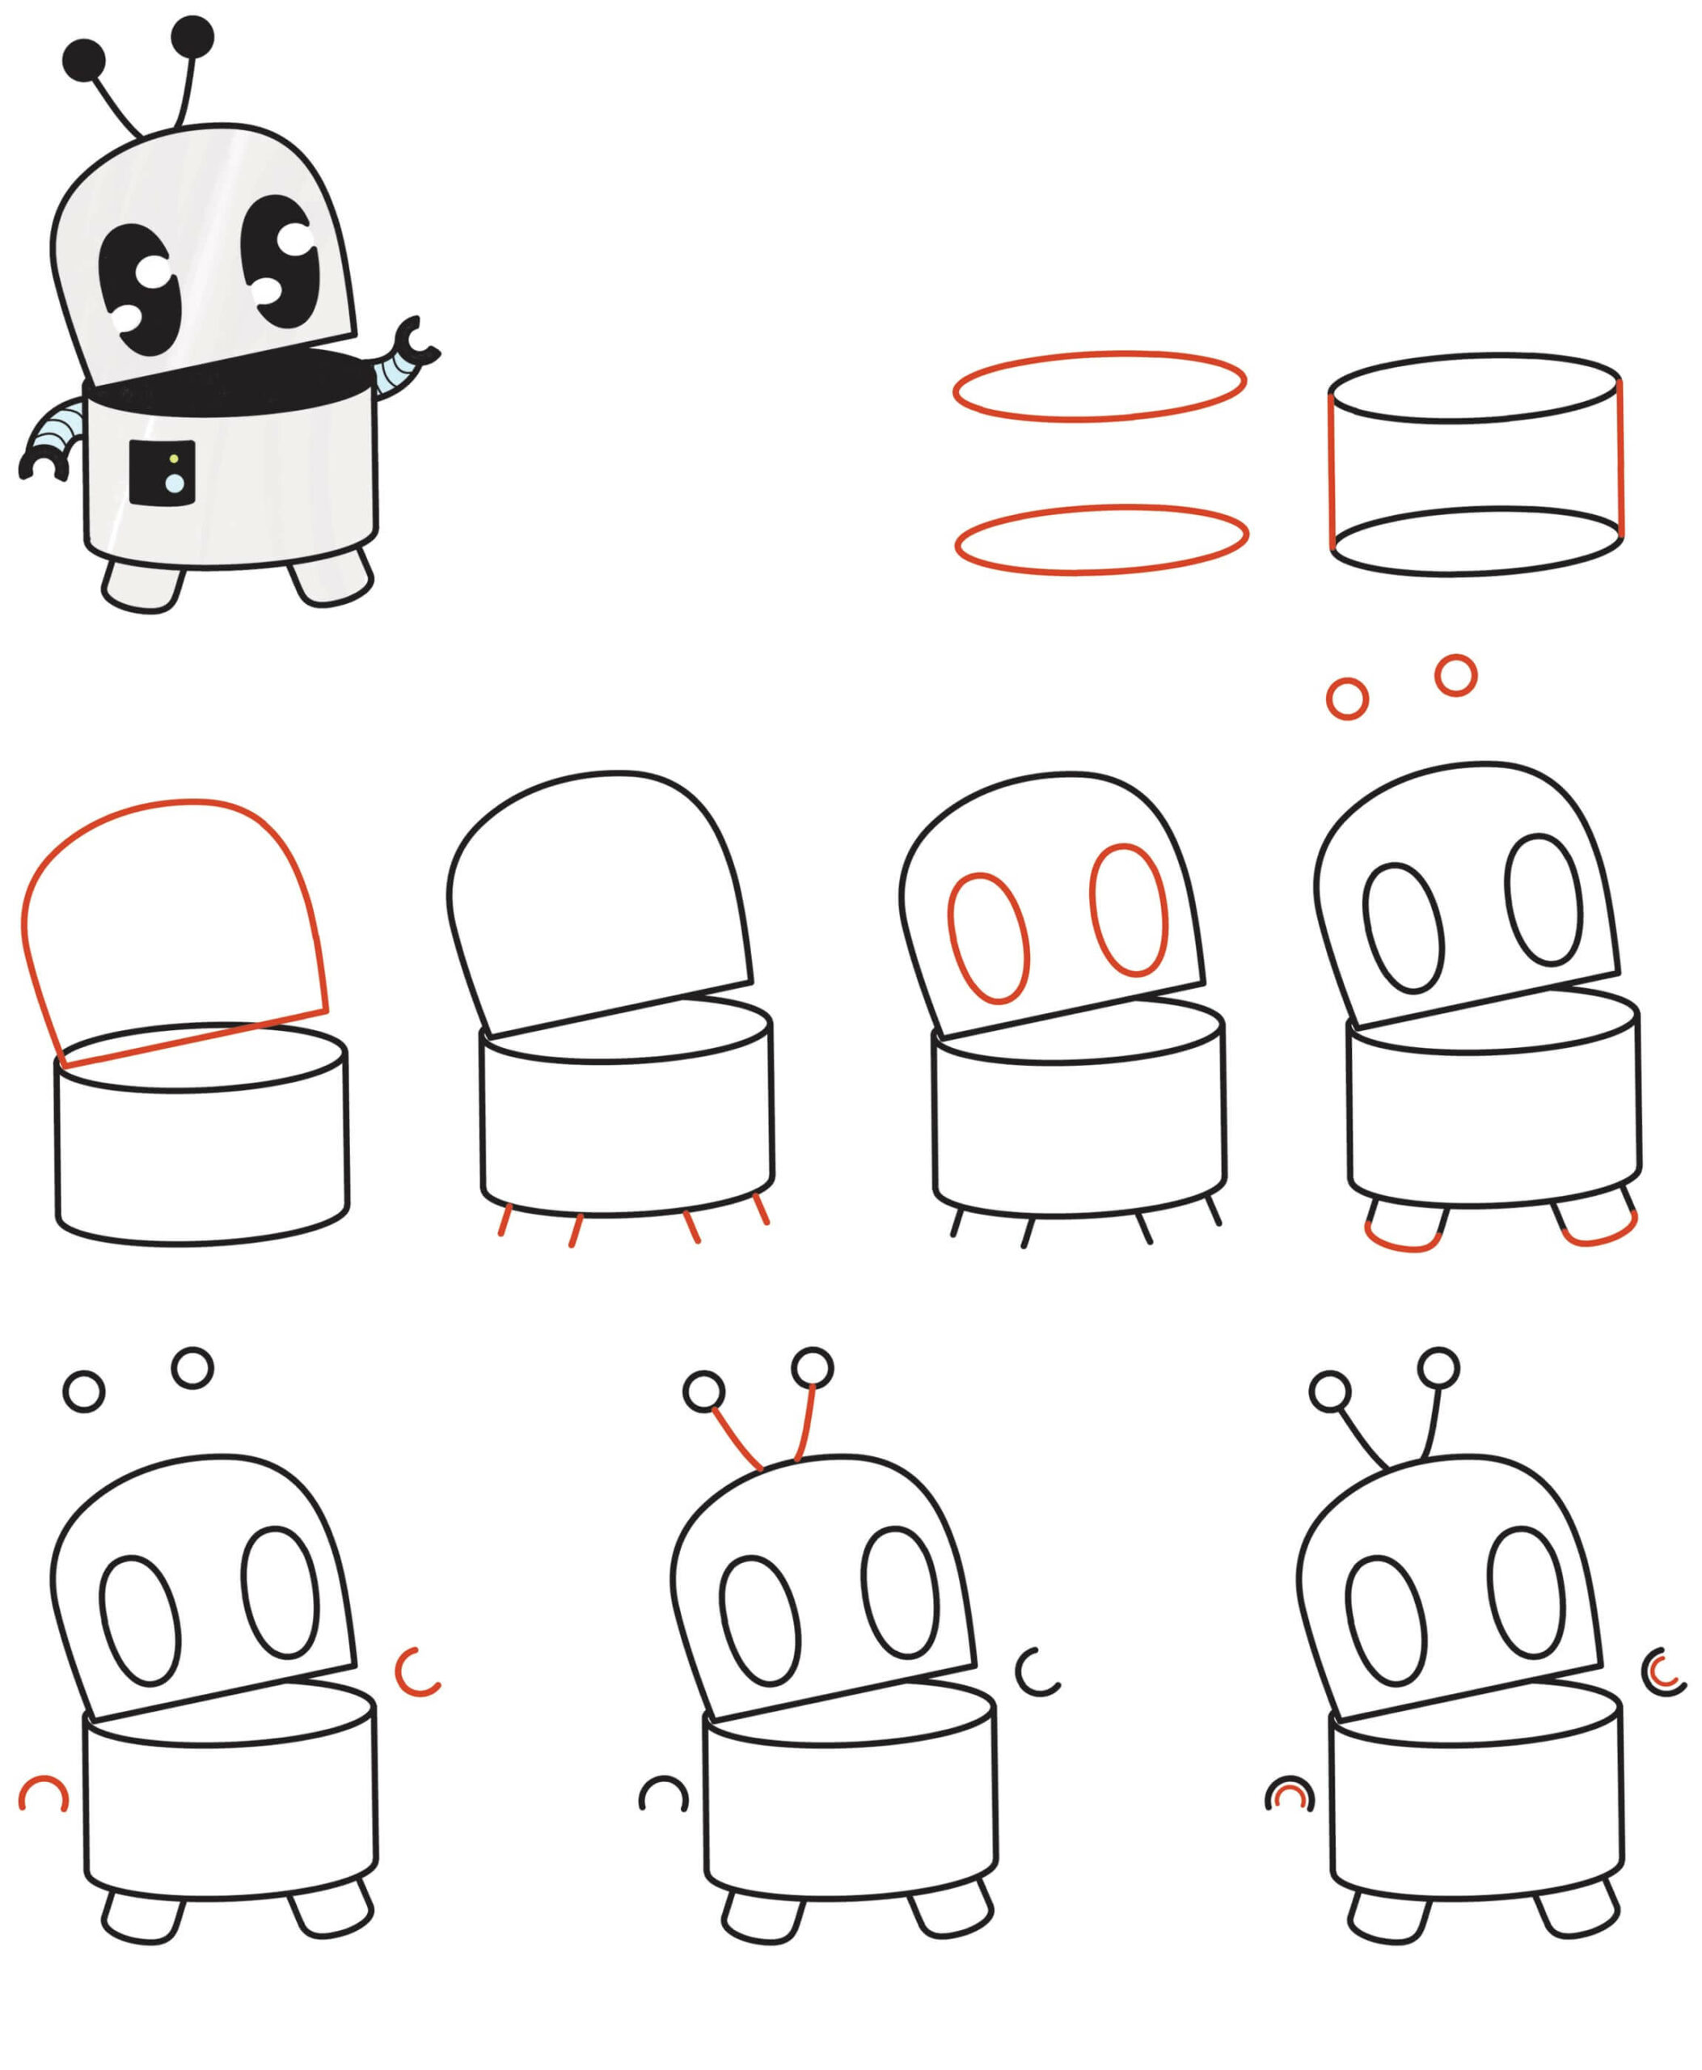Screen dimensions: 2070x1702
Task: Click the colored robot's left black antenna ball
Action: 83,61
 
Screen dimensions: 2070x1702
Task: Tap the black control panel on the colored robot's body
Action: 163,473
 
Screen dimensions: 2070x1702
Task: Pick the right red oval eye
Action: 1130,909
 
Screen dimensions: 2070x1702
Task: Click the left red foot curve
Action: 1402,1246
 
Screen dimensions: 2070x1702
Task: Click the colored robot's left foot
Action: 143,586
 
